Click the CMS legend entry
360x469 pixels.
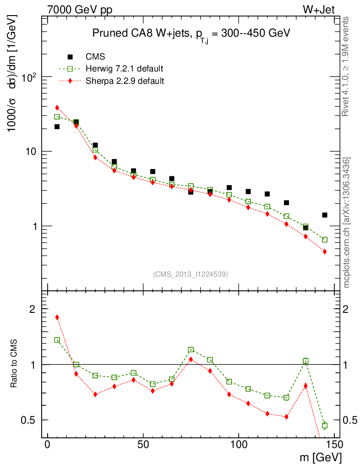[x=96, y=57]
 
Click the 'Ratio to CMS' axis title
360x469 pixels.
[x=15, y=364]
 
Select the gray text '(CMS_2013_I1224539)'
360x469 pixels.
[x=191, y=274]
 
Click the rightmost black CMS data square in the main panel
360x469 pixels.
[x=325, y=215]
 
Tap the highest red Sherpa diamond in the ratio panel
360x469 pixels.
[x=57, y=317]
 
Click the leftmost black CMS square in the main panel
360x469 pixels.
[x=57, y=126]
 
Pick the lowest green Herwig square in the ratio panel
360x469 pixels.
[x=325, y=425]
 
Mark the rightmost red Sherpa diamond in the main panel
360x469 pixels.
[x=325, y=251]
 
